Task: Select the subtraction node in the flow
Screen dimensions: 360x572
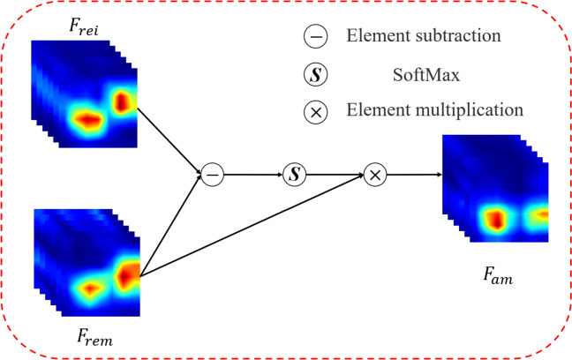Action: [x=212, y=175]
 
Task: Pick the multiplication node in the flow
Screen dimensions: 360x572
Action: [x=376, y=175]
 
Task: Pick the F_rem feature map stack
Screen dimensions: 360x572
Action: [x=88, y=263]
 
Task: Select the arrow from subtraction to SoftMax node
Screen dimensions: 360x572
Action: [x=253, y=175]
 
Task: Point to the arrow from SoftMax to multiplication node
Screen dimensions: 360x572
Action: [x=335, y=175]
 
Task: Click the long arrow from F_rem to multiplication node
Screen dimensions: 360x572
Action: [x=256, y=226]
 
